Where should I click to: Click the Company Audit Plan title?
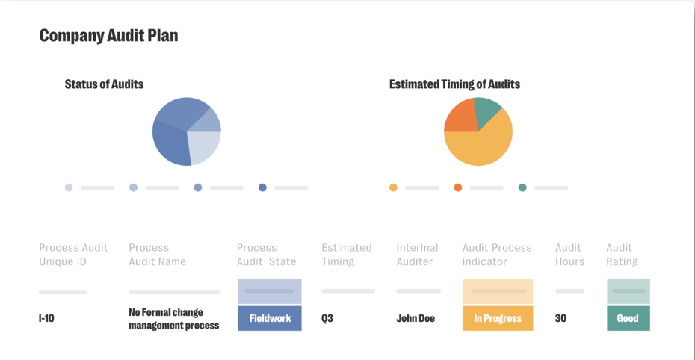(x=108, y=35)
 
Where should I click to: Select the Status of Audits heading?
(x=104, y=84)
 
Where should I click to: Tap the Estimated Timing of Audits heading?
(x=454, y=84)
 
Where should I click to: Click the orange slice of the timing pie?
(x=458, y=118)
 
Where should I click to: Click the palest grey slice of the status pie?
(x=203, y=147)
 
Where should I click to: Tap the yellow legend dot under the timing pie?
(x=393, y=187)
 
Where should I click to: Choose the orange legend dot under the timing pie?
(x=458, y=187)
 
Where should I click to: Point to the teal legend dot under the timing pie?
(x=522, y=187)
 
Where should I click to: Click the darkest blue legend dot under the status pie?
(x=262, y=187)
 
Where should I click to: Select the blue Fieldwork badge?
(x=270, y=318)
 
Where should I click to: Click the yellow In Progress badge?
(x=498, y=318)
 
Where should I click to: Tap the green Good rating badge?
(x=628, y=318)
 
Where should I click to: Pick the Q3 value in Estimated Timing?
(x=327, y=318)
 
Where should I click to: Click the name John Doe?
(x=416, y=318)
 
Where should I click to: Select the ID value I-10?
(x=46, y=318)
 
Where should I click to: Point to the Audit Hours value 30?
(x=560, y=318)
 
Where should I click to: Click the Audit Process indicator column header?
(x=497, y=255)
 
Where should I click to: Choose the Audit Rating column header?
(x=622, y=255)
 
